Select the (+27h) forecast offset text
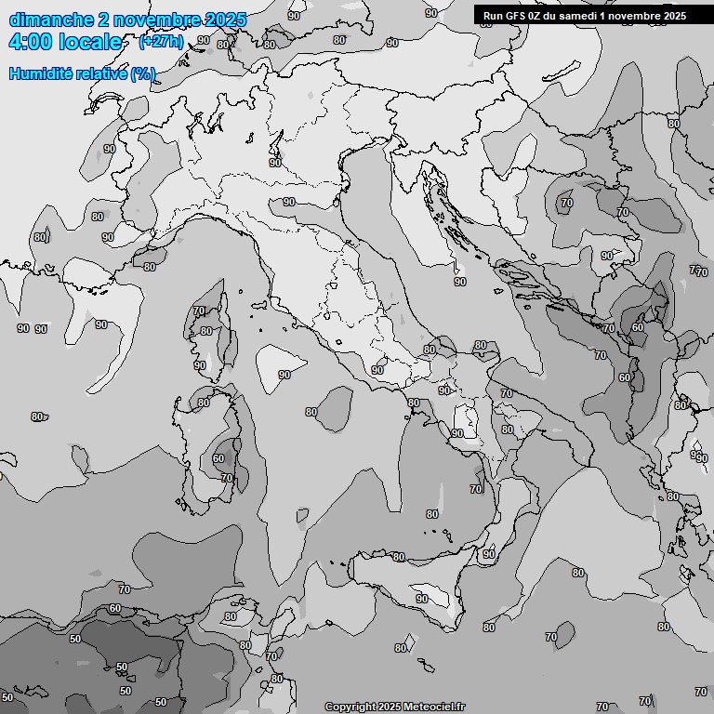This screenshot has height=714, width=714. point(161,42)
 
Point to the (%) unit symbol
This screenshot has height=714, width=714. point(143,74)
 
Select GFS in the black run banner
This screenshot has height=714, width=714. point(518,16)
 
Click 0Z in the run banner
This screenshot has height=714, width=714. point(540,16)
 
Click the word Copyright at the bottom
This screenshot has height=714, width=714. point(350,707)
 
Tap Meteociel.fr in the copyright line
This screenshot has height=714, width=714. point(434,707)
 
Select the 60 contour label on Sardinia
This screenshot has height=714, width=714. point(218,458)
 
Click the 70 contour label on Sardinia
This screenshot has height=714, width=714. point(227,478)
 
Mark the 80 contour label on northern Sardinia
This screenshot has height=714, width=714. point(204,403)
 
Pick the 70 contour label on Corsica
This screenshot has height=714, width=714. point(199,311)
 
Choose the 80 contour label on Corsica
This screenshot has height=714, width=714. point(206,331)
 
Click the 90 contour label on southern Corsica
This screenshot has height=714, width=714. point(200,365)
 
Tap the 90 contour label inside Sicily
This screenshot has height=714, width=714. point(421,599)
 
